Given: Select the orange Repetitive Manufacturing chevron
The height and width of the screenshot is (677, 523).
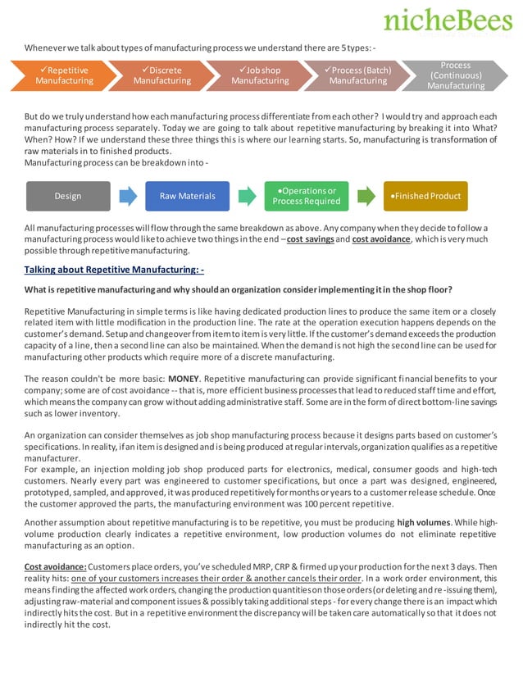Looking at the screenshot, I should pyautogui.click(x=64, y=75).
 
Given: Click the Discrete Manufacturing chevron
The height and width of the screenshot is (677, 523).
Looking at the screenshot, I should pyautogui.click(x=161, y=75).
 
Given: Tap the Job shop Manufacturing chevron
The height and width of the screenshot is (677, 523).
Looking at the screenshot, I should pyautogui.click(x=259, y=75).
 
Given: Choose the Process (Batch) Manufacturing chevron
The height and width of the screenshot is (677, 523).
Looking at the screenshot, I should pyautogui.click(x=357, y=75).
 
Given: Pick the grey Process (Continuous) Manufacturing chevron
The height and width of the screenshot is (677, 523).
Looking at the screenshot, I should pyautogui.click(x=455, y=75).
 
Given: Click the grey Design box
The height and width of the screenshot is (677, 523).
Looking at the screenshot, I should pyautogui.click(x=67, y=197).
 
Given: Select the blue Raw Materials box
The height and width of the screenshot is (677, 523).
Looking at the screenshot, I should pyautogui.click(x=187, y=197).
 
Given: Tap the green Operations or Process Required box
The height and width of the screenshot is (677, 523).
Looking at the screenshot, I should pyautogui.click(x=306, y=197).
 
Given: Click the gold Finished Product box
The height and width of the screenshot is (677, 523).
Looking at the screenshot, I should pyautogui.click(x=425, y=197).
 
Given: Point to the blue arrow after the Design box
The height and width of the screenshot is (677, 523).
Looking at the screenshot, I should pyautogui.click(x=128, y=197).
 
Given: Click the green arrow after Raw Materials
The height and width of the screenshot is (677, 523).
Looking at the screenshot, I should pyautogui.click(x=247, y=197).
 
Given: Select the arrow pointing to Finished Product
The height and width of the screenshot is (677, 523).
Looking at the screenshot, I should pyautogui.click(x=366, y=197).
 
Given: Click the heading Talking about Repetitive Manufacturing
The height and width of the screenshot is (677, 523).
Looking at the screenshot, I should pyautogui.click(x=114, y=269).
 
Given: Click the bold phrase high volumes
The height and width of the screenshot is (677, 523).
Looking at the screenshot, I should pyautogui.click(x=425, y=521).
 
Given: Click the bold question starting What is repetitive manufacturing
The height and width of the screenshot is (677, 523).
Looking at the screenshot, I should pyautogui.click(x=238, y=290).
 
